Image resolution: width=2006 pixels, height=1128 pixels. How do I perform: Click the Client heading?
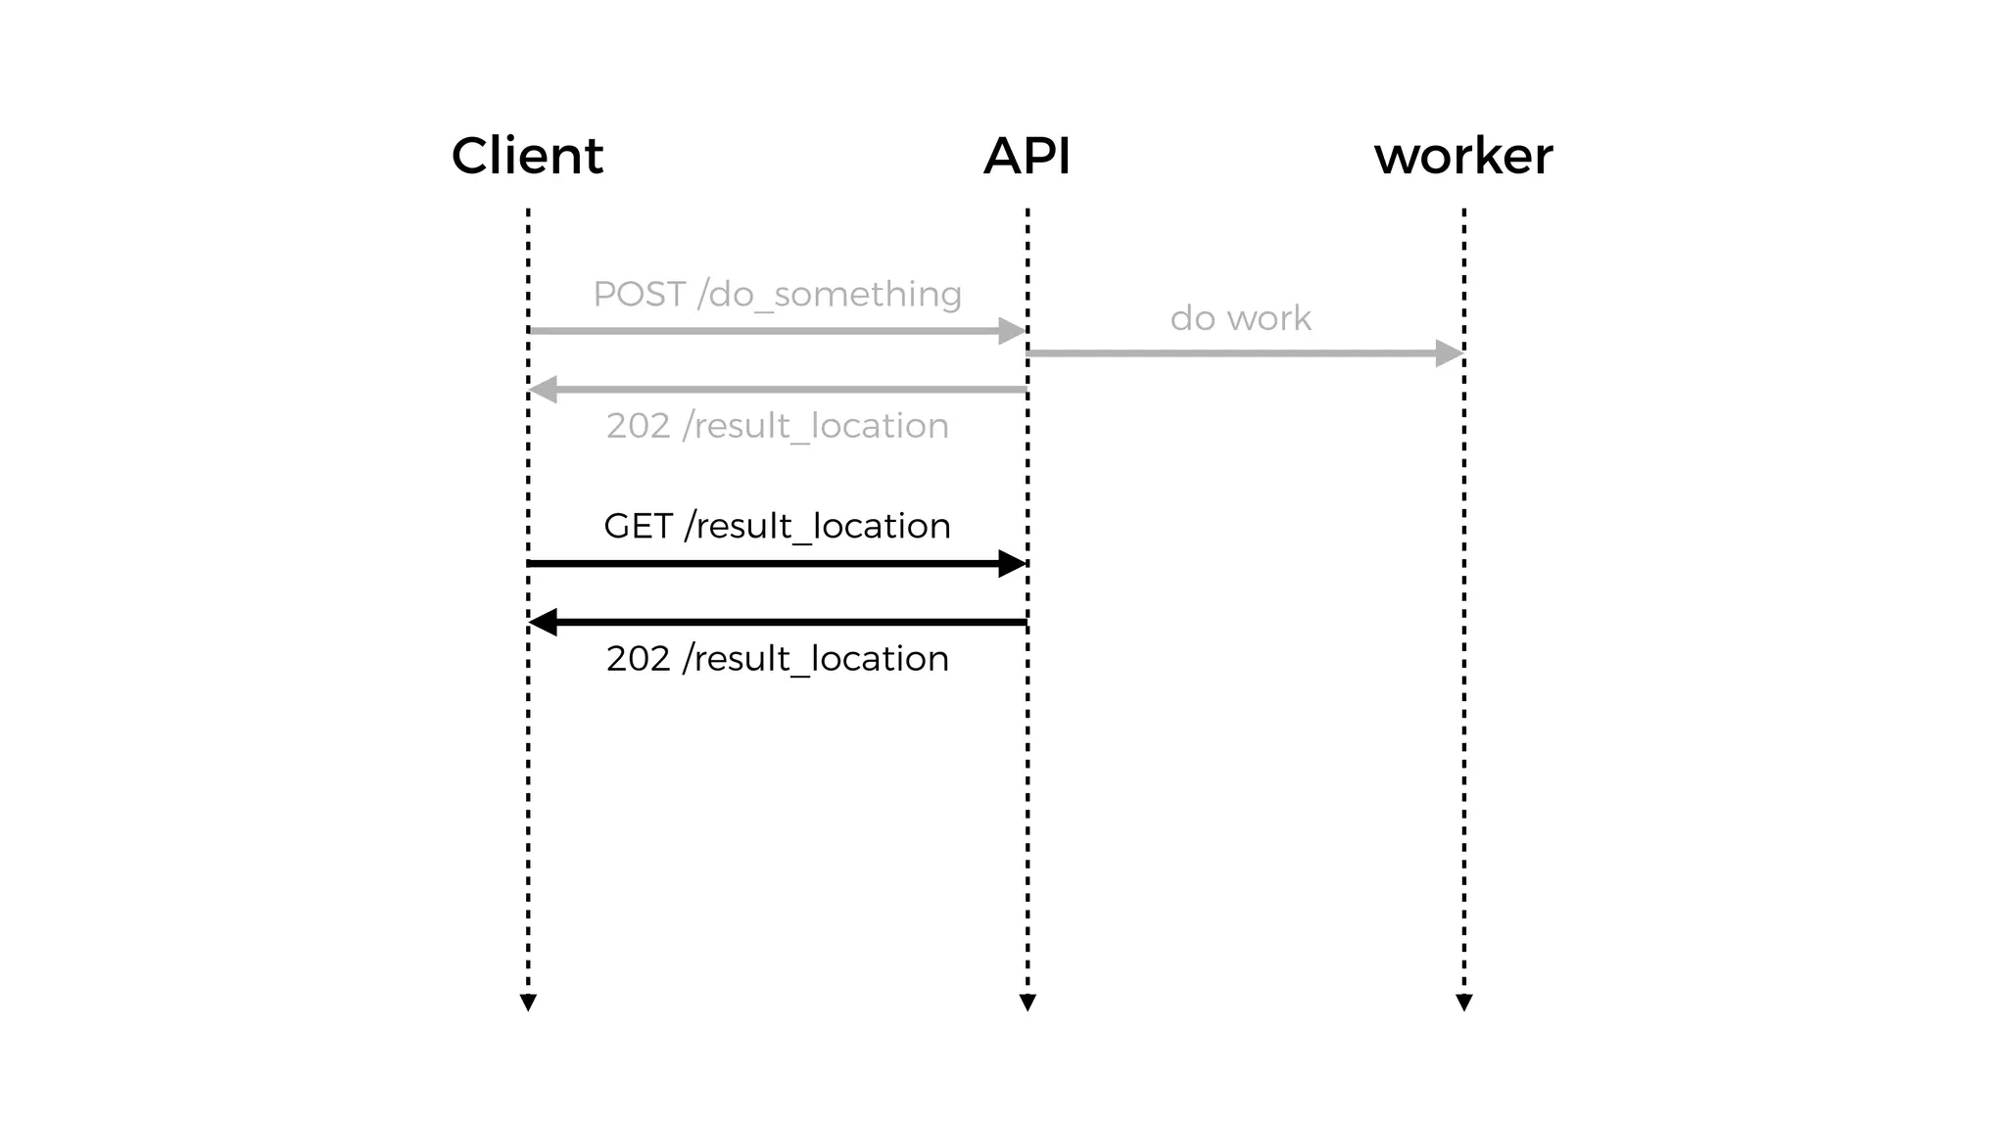tap(527, 157)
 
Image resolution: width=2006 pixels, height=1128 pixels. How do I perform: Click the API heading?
tap(1027, 157)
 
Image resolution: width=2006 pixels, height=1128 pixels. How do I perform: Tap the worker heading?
tap(1463, 157)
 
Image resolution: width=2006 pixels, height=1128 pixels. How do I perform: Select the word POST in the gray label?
tap(639, 294)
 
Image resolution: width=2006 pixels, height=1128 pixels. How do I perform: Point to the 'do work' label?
tap(1240, 318)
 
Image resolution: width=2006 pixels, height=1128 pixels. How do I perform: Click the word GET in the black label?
tap(638, 527)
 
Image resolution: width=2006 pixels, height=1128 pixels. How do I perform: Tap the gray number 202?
tap(638, 426)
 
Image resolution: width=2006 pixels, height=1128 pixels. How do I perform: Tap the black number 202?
tap(638, 659)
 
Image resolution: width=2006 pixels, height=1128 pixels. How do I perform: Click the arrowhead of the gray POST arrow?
tap(1012, 331)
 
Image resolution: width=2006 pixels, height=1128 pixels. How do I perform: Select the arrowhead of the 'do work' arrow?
tap(1449, 353)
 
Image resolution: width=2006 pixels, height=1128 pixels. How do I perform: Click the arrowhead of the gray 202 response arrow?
tap(544, 390)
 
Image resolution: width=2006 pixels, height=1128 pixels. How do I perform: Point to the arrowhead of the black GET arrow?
tap(1012, 564)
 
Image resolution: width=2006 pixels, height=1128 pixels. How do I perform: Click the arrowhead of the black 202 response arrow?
tap(544, 622)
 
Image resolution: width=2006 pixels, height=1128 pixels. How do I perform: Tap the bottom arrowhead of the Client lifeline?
tap(528, 1003)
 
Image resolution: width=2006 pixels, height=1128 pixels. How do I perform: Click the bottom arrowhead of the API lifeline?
tap(1027, 1003)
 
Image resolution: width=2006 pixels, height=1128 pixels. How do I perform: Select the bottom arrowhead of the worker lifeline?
tap(1464, 1003)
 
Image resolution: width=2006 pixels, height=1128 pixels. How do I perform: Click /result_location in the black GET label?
tap(817, 527)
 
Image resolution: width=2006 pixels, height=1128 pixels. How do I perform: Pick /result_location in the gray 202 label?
tap(815, 426)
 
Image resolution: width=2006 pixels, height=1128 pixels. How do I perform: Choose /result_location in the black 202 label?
tap(815, 659)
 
